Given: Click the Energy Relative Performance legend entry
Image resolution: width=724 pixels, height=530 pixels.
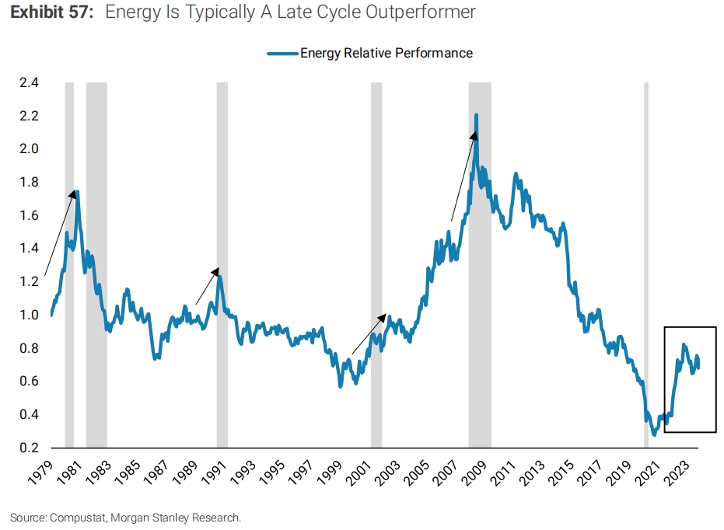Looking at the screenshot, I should point(386,53).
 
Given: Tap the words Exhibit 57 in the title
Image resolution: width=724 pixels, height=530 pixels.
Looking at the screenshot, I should point(48,12).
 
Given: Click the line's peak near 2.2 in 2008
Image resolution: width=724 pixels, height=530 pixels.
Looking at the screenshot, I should point(476,116).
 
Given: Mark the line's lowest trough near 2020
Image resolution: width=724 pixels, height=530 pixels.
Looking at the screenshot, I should point(654,434).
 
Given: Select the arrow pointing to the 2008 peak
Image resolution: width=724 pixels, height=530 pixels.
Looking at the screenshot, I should point(463,176).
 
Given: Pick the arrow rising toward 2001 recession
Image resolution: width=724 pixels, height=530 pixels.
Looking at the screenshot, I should point(368,334).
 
